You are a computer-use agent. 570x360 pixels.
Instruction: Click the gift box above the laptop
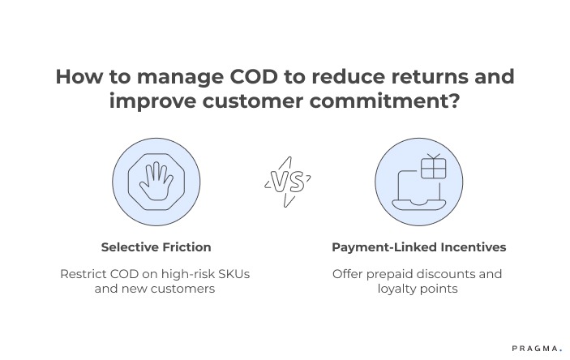click(x=434, y=168)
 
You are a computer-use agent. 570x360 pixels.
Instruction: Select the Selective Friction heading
click(x=156, y=246)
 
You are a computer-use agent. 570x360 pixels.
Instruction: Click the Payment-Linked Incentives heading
click(x=418, y=246)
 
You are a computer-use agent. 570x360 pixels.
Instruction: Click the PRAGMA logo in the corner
click(x=536, y=348)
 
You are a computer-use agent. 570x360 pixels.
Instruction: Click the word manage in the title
click(x=166, y=79)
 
